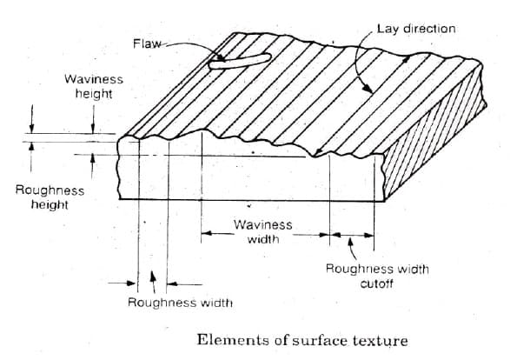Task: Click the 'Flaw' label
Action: tap(147, 43)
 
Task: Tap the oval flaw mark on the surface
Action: tap(240, 62)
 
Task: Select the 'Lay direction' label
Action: tap(416, 29)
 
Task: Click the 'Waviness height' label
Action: tap(94, 86)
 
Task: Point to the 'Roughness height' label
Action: tap(50, 197)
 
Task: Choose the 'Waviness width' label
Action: tap(263, 231)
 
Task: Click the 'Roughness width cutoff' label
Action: tap(377, 277)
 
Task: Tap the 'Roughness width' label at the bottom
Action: tap(180, 303)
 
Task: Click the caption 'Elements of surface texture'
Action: tap(302, 340)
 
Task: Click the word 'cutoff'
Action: tap(377, 283)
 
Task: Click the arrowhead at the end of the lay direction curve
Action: tap(368, 88)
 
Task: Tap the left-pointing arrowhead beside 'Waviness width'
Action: tap(207, 234)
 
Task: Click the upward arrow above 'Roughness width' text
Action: tap(153, 282)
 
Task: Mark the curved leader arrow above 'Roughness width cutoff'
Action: tap(352, 248)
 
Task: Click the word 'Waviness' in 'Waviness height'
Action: tap(94, 79)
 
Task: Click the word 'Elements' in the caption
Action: tap(233, 340)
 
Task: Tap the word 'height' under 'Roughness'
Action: tap(50, 204)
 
